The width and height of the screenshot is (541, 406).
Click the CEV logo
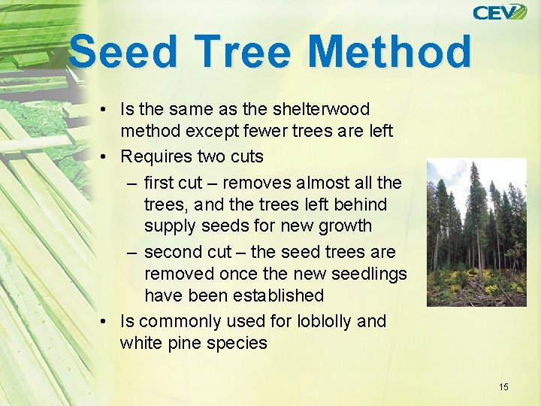tap(500, 12)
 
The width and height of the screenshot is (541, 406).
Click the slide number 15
tap(503, 386)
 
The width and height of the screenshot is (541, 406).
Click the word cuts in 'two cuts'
tap(245, 156)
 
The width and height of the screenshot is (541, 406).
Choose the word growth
tap(345, 226)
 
